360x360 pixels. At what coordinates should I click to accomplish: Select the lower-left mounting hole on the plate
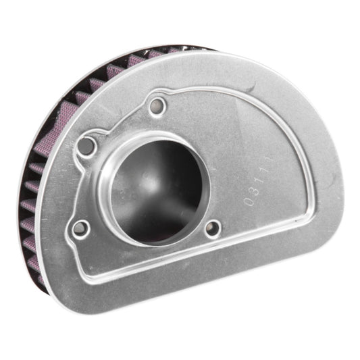click(80, 228)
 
